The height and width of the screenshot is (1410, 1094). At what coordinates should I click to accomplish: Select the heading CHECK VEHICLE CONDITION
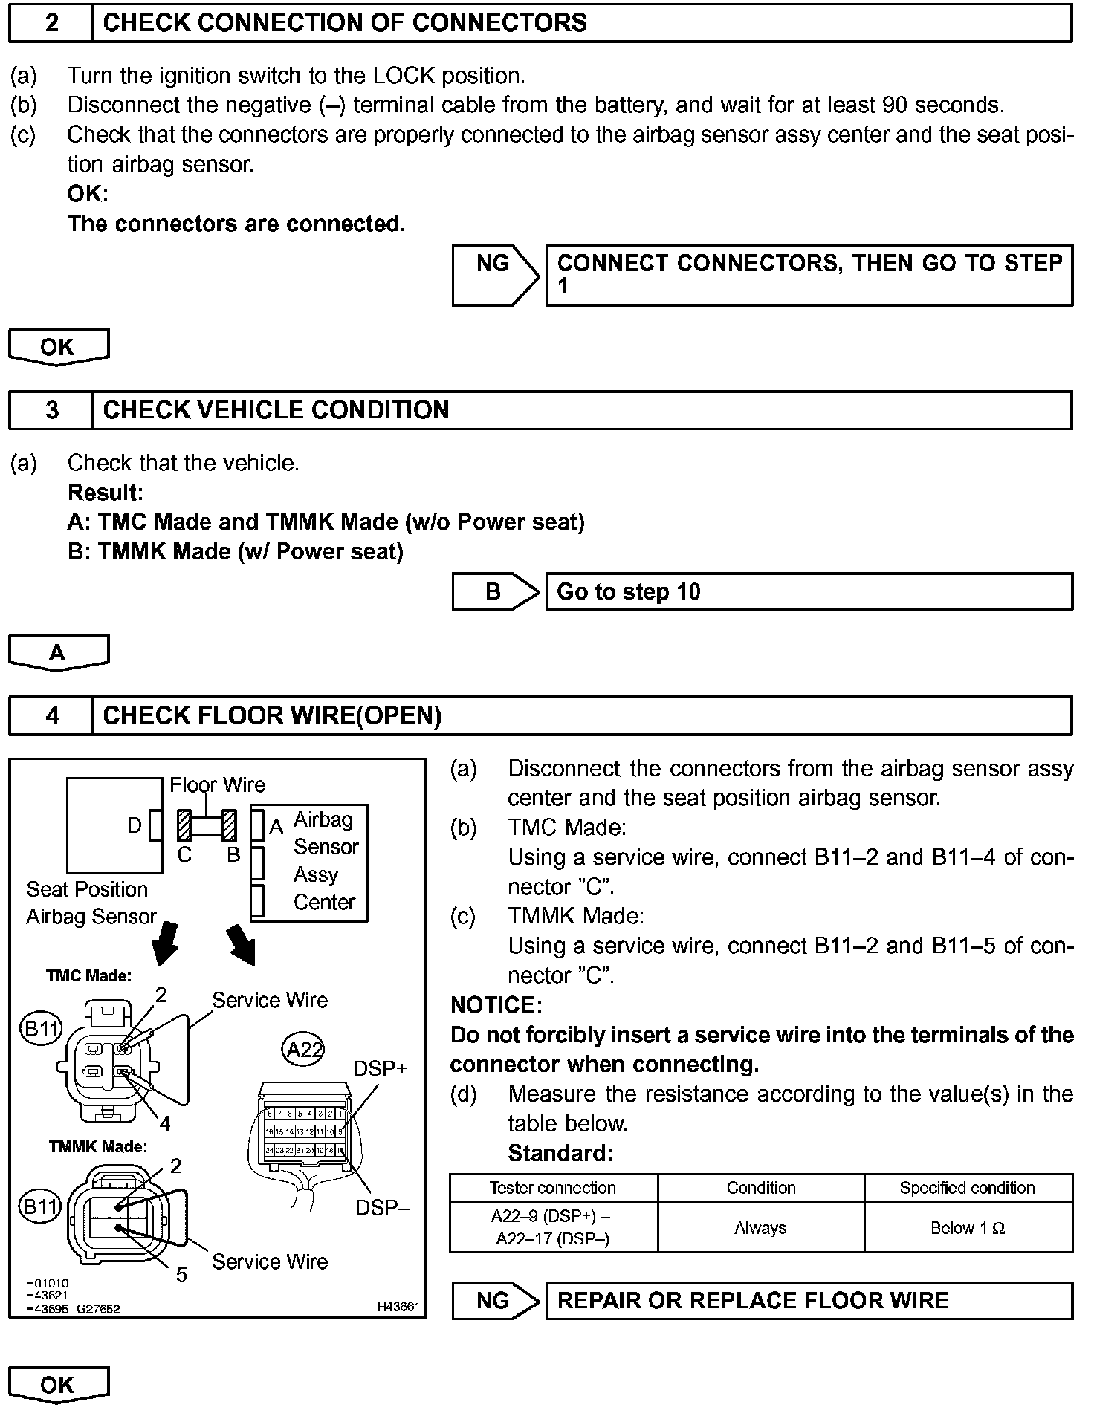276,410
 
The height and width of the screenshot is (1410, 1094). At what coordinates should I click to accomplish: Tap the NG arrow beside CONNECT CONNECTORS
494,275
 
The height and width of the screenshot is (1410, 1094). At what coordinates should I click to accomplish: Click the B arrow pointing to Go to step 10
494,592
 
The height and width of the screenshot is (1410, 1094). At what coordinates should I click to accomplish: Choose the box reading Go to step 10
809,592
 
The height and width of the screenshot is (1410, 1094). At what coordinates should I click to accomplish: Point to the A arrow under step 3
58,652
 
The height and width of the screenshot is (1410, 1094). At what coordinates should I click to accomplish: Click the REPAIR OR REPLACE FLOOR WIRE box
809,1301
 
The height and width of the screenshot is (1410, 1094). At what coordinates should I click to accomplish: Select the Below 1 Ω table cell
968,1228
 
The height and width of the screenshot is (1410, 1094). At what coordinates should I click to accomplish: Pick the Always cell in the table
760,1228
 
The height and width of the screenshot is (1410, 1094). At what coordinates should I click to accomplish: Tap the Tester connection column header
553,1188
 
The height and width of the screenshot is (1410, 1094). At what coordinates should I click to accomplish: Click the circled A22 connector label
304,1049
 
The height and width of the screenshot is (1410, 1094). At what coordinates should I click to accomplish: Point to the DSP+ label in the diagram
380,1068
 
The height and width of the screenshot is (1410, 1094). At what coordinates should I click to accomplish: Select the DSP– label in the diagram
382,1208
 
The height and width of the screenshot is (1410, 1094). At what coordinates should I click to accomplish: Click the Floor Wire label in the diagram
217,784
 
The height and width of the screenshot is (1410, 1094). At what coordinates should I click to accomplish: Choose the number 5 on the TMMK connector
181,1276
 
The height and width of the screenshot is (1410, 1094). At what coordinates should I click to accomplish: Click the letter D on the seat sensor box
135,825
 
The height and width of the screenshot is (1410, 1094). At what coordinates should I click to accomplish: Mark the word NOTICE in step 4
496,1005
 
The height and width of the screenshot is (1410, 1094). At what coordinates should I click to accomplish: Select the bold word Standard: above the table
560,1153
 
